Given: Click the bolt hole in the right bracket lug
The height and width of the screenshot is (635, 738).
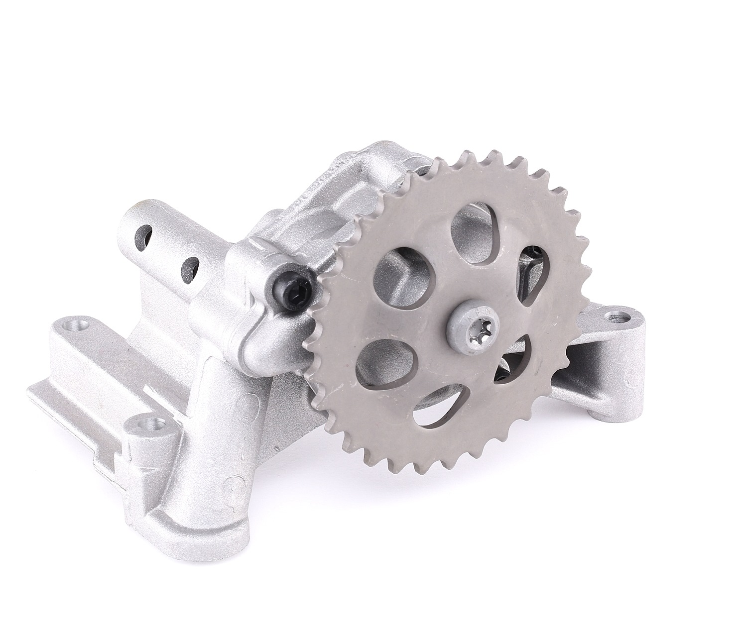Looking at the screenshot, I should (x=618, y=316).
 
